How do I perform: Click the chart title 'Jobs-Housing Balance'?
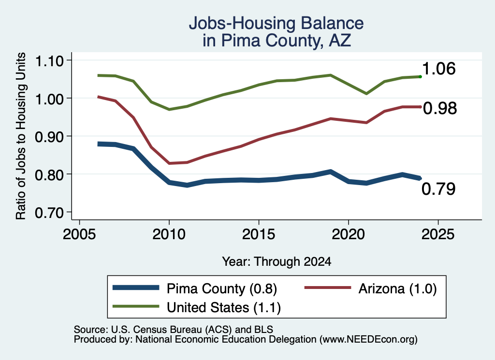tap(276, 23)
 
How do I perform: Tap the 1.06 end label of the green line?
tap(438, 69)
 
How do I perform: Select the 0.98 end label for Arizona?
tap(440, 108)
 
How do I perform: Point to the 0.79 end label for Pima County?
tap(438, 188)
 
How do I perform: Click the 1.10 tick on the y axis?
tap(49, 61)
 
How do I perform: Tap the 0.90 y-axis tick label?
tap(49, 137)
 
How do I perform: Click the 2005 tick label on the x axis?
tap(80, 234)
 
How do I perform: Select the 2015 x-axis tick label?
tap(259, 234)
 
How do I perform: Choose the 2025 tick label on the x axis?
tap(438, 234)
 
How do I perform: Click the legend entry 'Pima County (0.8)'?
tap(221, 288)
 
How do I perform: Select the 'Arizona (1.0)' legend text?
tap(397, 288)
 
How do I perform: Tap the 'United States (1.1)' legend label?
tap(223, 307)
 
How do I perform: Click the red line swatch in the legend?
tap(328, 288)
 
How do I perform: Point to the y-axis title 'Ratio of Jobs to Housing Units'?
tap(21, 136)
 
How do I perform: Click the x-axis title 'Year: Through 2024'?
tap(277, 261)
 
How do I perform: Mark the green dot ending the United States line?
tap(420, 77)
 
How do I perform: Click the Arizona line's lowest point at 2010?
tap(170, 163)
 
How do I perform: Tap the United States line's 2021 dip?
tap(366, 94)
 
